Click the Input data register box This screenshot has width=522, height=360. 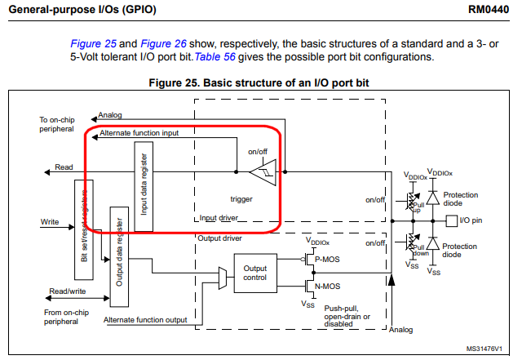click(144, 185)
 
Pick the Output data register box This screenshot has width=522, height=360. click(120, 253)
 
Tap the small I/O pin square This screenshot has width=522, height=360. click(452, 220)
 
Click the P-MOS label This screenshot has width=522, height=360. click(329, 260)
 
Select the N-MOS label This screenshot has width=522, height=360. click(329, 287)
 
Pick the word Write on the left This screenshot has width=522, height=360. click(50, 221)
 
